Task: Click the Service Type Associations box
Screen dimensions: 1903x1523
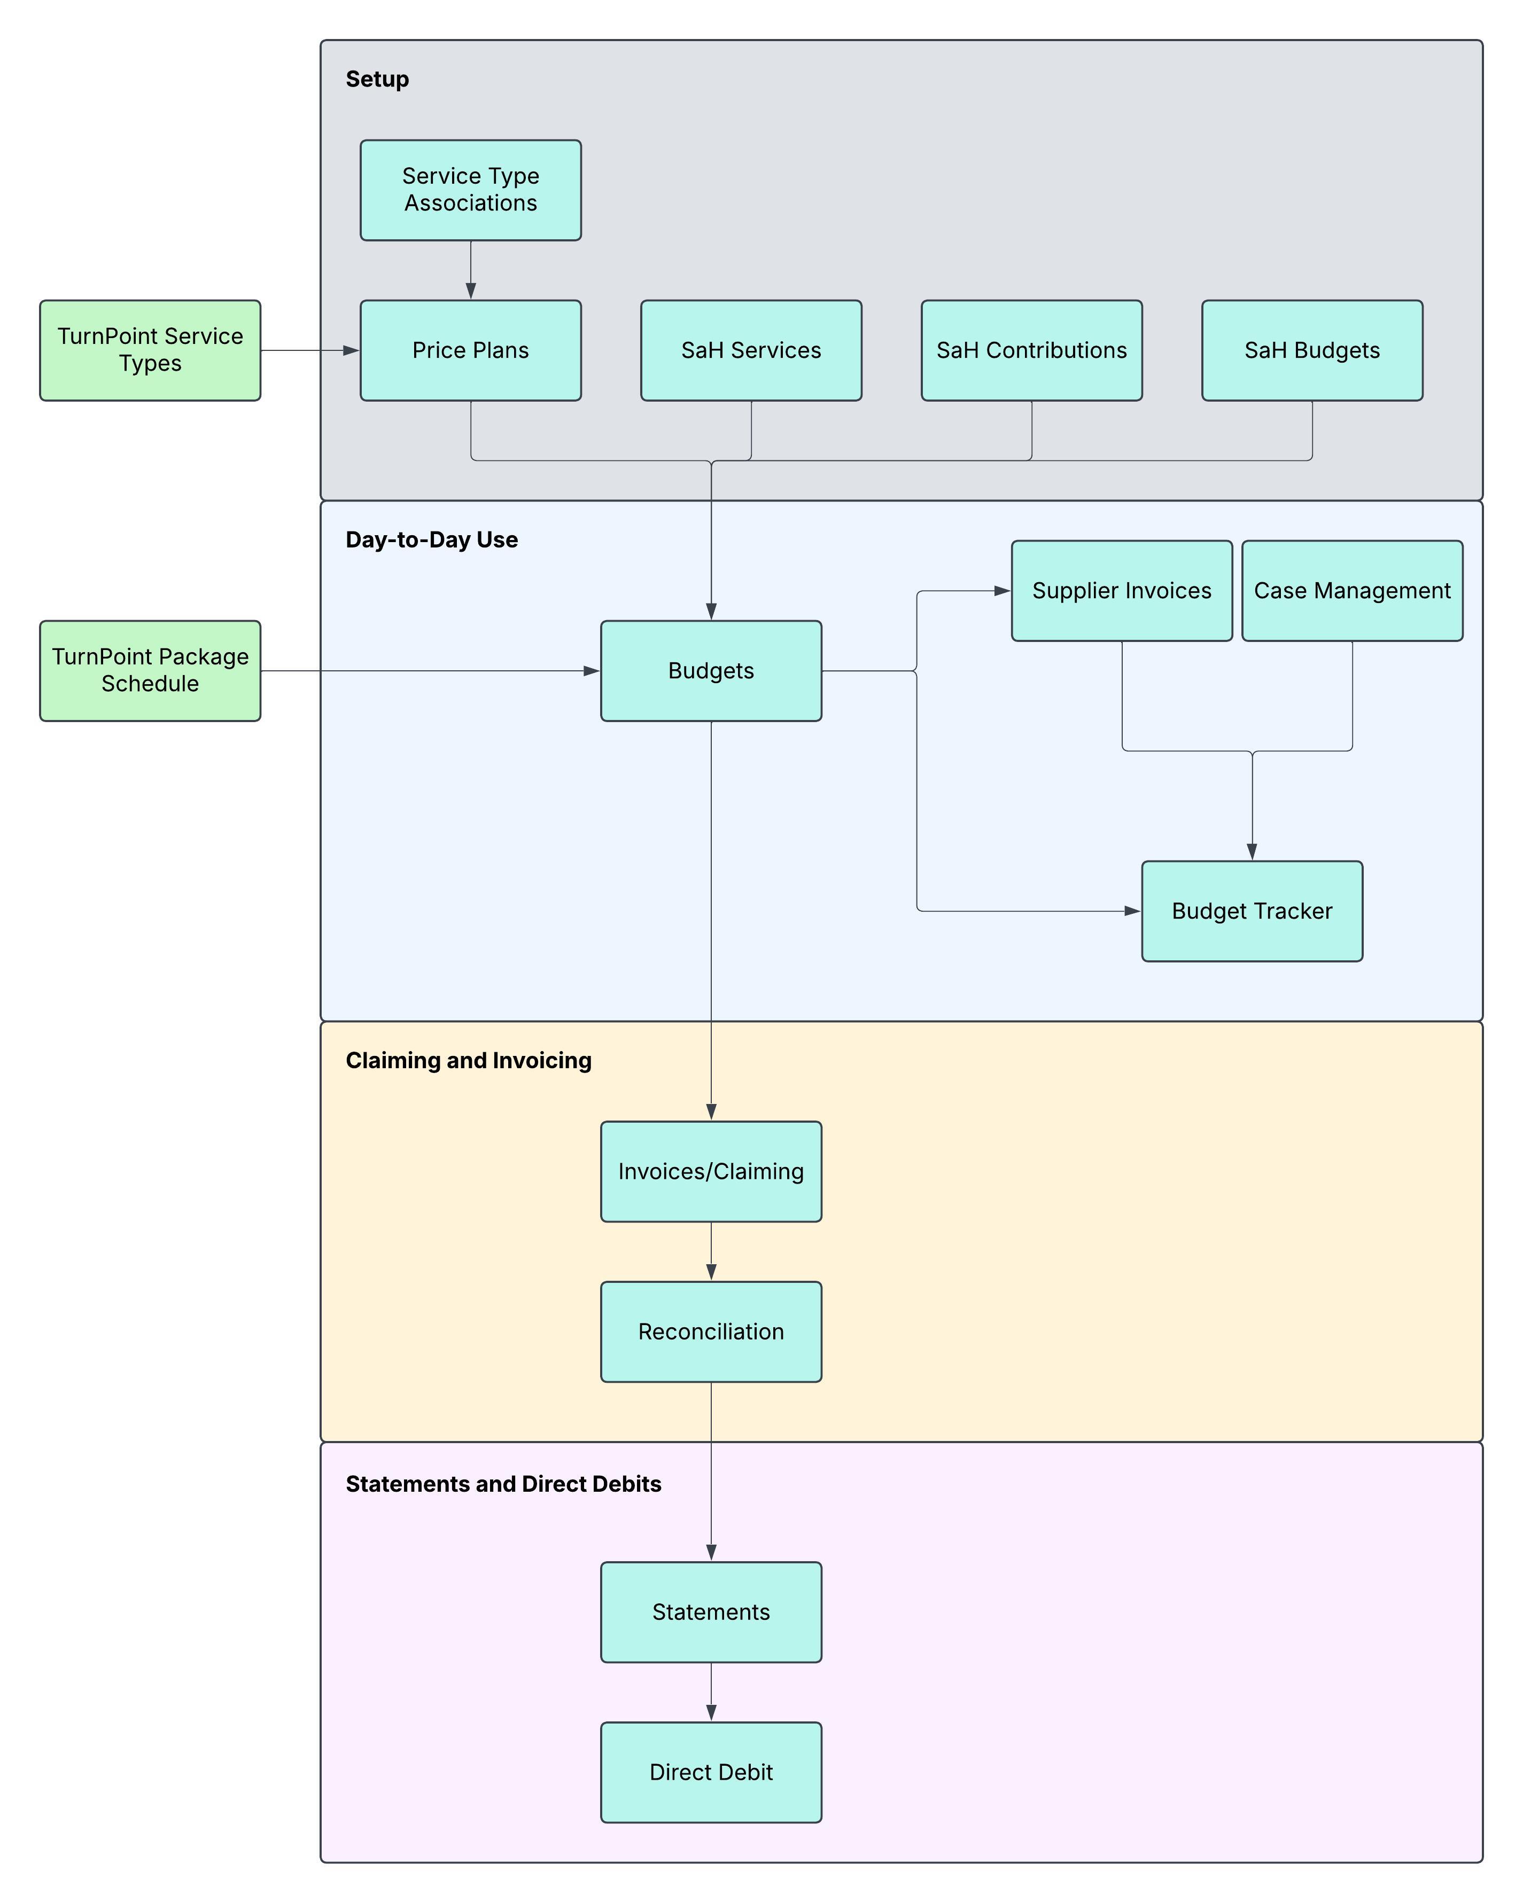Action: pyautogui.click(x=471, y=190)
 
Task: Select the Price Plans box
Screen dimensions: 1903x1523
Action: pyautogui.click(x=471, y=350)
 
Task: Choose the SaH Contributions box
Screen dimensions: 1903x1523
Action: pyautogui.click(x=1031, y=350)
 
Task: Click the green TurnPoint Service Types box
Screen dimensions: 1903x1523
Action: pyautogui.click(x=150, y=350)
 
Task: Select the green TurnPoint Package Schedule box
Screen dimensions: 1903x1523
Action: pyautogui.click(x=150, y=671)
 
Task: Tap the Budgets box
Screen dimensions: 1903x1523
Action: pyautogui.click(x=711, y=671)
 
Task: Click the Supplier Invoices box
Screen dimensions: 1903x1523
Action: pyautogui.click(x=1121, y=591)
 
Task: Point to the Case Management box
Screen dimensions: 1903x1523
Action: pyautogui.click(x=1351, y=591)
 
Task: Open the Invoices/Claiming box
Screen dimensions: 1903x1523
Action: pyautogui.click(x=711, y=1171)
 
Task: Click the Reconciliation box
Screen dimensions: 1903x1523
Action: pyautogui.click(x=711, y=1331)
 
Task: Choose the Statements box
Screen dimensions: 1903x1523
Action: pyautogui.click(x=711, y=1612)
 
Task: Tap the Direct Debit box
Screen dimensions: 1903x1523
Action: pyautogui.click(x=711, y=1772)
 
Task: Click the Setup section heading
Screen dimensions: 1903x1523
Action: pyautogui.click(x=377, y=80)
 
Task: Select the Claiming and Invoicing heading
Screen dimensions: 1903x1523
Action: pyautogui.click(x=468, y=1060)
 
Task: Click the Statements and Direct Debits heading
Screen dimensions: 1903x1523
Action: pyautogui.click(x=503, y=1484)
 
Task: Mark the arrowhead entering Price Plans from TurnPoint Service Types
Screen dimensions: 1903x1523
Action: pyautogui.click(x=352, y=350)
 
